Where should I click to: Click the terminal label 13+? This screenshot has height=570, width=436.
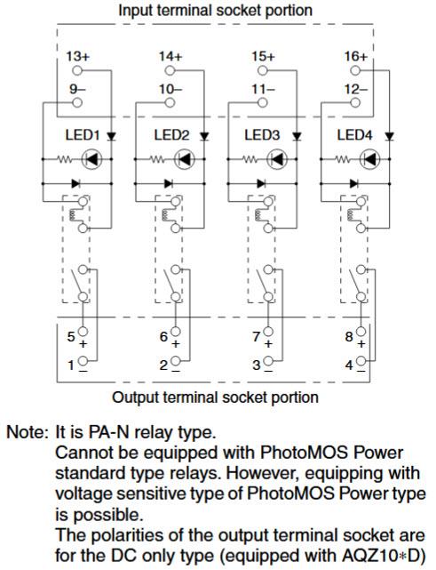pyautogui.click(x=78, y=56)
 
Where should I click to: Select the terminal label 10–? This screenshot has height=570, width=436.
pyautogui.click(x=170, y=89)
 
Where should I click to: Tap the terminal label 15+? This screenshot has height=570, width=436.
pyautogui.click(x=262, y=56)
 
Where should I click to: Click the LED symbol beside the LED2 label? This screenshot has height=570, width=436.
pyautogui.click(x=185, y=160)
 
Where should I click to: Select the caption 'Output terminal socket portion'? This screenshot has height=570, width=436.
pyautogui.click(x=216, y=397)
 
